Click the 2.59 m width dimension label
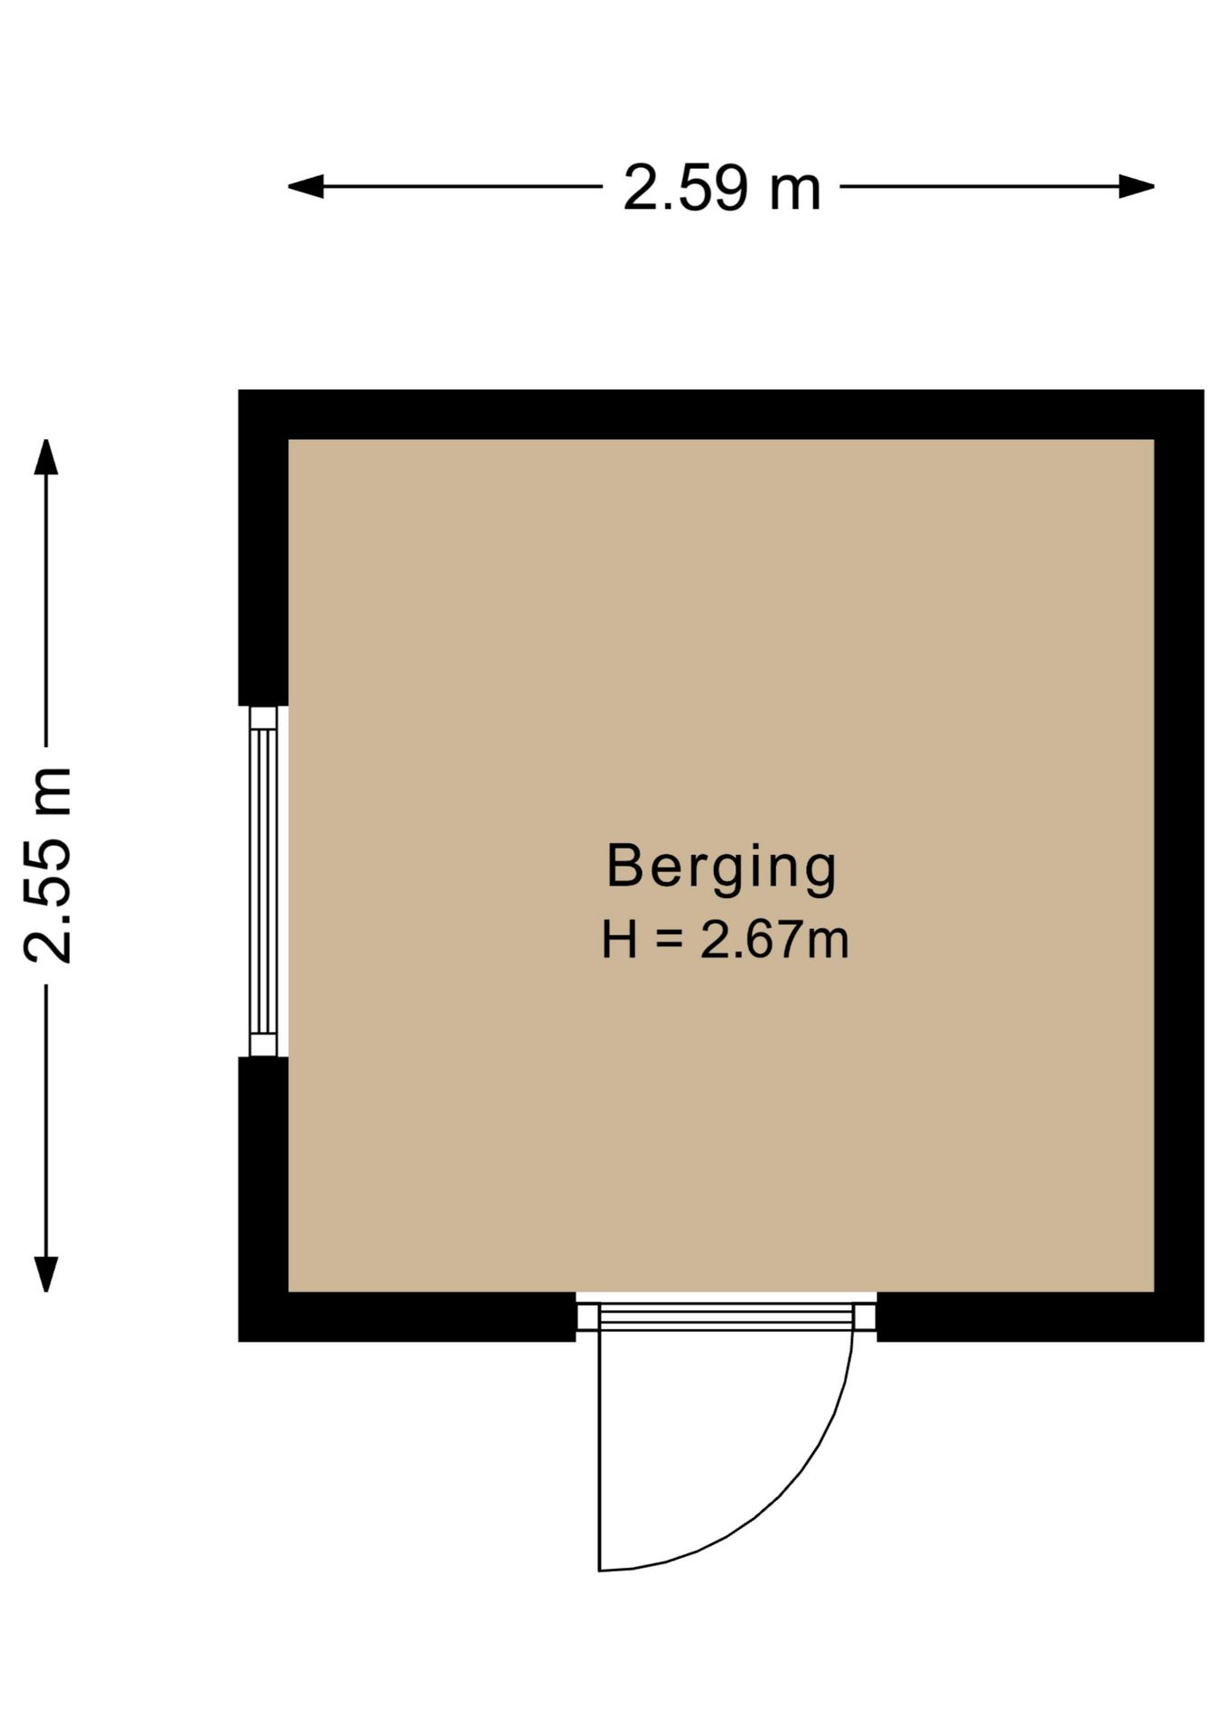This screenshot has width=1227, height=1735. [x=722, y=188]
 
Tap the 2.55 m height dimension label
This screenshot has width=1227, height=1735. [x=47, y=865]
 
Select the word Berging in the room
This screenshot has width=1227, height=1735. [x=722, y=867]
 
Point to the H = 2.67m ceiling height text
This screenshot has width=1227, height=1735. [x=726, y=940]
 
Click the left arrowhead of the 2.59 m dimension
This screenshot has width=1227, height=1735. [x=305, y=187]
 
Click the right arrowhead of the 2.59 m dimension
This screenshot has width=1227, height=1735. [x=1137, y=187]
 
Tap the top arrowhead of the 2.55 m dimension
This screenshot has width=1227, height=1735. [x=46, y=456]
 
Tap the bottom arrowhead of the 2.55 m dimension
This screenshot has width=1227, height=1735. [x=46, y=1274]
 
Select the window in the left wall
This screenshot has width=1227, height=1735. [x=263, y=881]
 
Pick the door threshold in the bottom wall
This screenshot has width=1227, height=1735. [x=726, y=1316]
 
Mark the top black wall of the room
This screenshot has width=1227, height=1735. [x=721, y=415]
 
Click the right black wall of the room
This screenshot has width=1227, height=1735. [x=1179, y=866]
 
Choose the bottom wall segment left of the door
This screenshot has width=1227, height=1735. [x=407, y=1317]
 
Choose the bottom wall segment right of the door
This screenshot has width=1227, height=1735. [x=1040, y=1317]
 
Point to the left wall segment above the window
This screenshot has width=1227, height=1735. [x=263, y=548]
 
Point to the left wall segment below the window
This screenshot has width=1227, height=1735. [x=263, y=1199]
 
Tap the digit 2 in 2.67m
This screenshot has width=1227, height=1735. [x=715, y=940]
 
